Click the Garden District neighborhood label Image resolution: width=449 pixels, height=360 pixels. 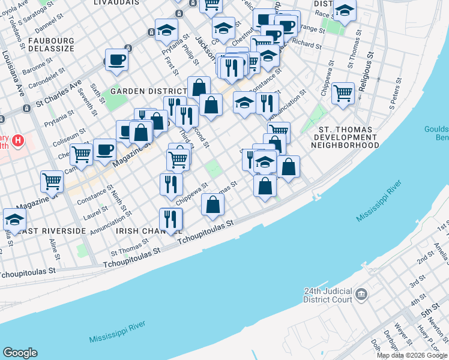[141, 91]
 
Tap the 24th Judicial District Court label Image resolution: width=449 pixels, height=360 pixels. [328, 296]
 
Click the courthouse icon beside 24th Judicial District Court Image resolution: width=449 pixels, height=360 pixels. [361, 294]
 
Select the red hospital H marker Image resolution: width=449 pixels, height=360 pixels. [19, 142]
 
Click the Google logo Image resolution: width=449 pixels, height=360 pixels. [20, 353]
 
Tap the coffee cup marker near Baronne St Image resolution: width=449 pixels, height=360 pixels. [116, 60]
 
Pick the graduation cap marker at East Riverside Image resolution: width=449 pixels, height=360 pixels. [14, 220]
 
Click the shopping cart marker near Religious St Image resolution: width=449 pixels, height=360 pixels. [343, 93]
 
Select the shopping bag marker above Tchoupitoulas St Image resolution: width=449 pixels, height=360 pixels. [212, 205]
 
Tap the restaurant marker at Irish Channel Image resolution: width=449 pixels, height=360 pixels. [171, 219]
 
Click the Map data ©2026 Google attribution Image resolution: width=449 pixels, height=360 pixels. [412, 355]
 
